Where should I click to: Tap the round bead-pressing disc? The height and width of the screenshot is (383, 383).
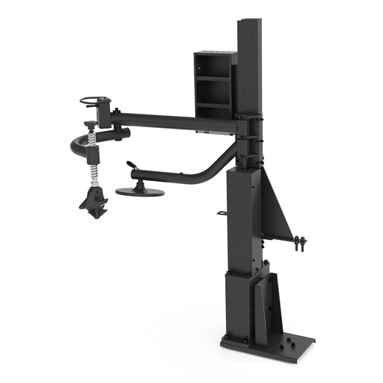tap(140, 191)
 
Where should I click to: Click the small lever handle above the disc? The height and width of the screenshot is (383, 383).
tap(132, 165)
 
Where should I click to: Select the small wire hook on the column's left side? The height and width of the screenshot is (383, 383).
tap(223, 213)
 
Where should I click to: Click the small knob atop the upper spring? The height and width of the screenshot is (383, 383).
tap(90, 123)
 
